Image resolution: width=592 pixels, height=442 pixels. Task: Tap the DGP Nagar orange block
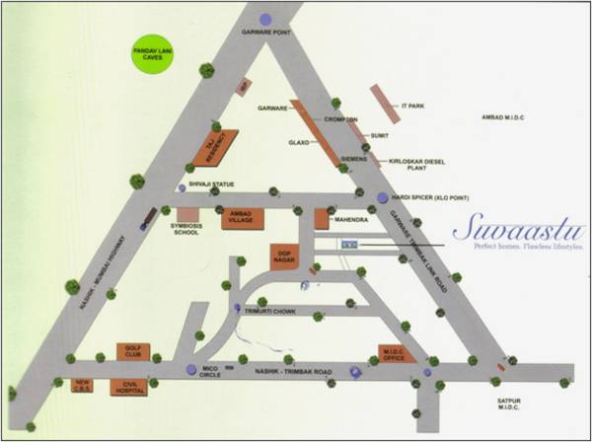coord(285,256)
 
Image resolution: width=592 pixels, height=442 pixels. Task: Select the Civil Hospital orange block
coord(129,387)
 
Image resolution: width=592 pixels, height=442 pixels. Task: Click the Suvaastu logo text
coord(512,229)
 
